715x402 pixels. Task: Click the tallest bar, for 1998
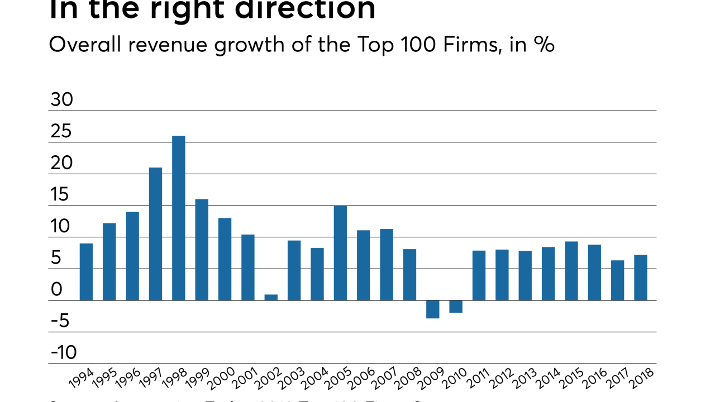179,218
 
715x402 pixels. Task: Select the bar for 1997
155,234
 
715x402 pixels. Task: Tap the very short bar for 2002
271,297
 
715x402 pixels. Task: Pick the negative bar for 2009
432,309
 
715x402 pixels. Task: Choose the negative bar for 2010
456,307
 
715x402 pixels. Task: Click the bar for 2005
340,253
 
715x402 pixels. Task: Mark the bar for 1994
86,272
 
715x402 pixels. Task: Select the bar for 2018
641,277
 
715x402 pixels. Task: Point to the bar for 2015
571,271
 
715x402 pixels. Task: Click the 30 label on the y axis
61,99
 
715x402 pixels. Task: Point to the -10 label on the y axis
63,352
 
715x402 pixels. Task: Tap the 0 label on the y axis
56,289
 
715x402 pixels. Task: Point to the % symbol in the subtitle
544,45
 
